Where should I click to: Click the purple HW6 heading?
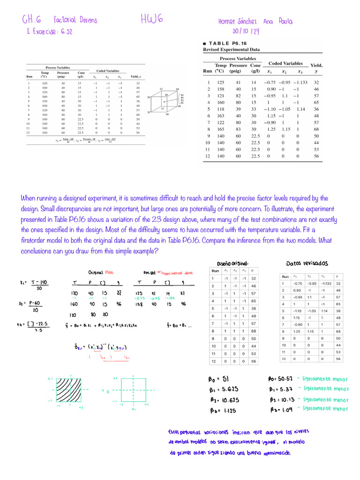[151, 19]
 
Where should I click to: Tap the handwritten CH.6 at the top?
[31, 20]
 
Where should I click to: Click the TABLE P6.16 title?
[225, 43]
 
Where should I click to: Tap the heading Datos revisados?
[307, 263]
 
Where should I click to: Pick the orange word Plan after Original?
[109, 272]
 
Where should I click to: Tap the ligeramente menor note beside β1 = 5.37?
[326, 389]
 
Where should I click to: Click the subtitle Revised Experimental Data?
[231, 49]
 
